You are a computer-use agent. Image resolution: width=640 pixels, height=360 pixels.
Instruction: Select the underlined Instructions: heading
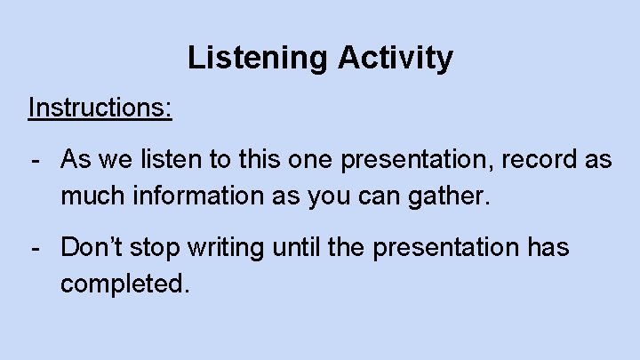click(x=100, y=108)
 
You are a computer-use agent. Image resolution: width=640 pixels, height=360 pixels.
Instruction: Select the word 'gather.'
click(x=448, y=193)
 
